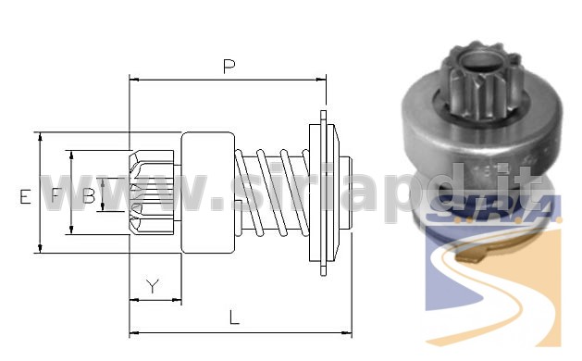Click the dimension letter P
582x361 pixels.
coord(229,67)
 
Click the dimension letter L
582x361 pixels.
coord(234,317)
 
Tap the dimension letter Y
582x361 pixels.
coord(153,285)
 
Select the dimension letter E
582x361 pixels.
coord(25,196)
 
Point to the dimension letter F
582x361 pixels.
coord(56,195)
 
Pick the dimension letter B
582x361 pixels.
coord(89,195)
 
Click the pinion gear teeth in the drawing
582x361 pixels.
coord(152,192)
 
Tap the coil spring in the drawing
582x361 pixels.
coord(272,193)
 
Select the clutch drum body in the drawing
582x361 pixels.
coord(208,193)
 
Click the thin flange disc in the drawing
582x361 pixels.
coord(323,193)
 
